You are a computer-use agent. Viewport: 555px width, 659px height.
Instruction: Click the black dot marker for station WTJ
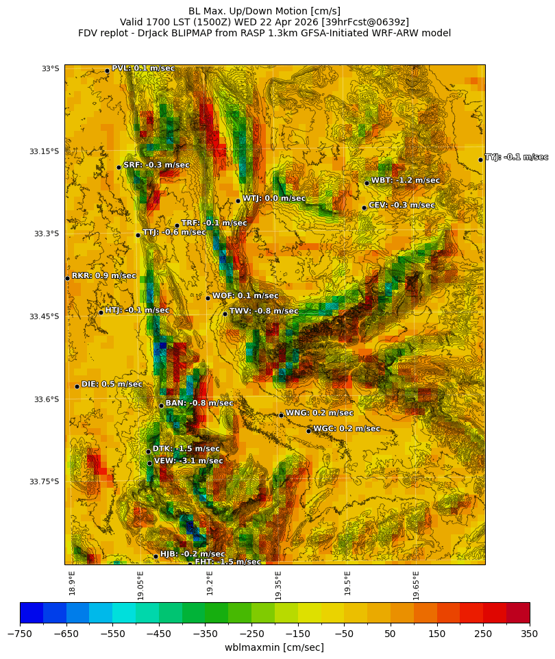tap(238, 201)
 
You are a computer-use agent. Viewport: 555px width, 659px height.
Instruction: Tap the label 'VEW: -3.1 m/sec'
tap(188, 461)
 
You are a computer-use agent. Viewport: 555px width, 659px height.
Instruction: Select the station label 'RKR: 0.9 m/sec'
tap(103, 275)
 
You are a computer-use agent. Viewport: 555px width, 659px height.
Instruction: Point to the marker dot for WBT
tap(367, 183)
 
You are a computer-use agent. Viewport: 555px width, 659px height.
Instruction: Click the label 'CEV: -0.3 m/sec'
tap(402, 205)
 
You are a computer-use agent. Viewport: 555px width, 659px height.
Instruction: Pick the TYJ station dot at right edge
tap(480, 160)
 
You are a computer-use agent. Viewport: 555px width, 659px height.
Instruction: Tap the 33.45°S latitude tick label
tap(44, 316)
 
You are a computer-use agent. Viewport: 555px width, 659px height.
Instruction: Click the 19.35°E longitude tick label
tap(279, 585)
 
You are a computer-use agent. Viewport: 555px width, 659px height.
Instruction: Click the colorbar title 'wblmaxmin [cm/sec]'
tap(274, 647)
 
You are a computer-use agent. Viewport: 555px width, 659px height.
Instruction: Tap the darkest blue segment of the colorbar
tap(32, 612)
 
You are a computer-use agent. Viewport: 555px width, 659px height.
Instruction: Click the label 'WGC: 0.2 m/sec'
tap(347, 429)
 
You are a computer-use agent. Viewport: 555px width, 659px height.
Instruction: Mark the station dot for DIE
tap(77, 386)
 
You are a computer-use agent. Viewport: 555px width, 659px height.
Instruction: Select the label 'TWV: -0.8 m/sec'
tap(264, 311)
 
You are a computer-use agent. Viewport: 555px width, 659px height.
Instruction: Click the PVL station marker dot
tap(107, 71)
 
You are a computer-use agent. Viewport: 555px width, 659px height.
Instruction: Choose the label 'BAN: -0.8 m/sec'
tap(199, 403)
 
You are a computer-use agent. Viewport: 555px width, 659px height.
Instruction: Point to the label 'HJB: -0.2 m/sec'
tap(193, 554)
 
